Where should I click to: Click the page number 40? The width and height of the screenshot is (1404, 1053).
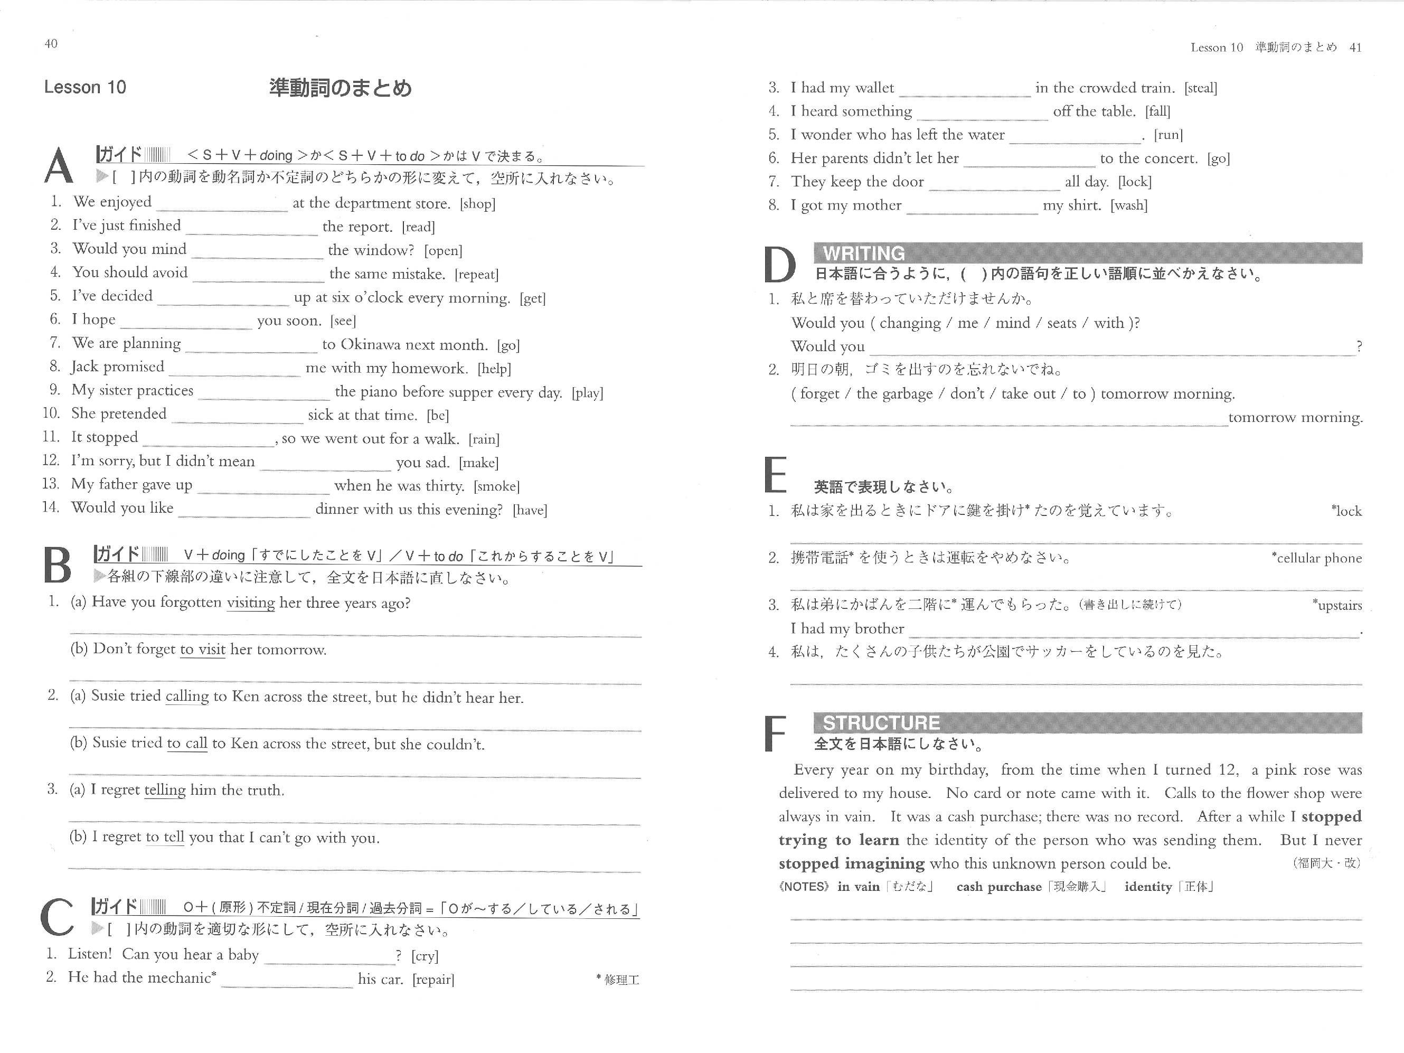point(51,44)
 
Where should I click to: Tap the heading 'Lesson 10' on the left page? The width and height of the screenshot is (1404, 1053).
point(85,88)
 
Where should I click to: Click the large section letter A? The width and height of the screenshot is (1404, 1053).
point(59,166)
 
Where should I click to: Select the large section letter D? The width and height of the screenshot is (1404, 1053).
point(779,265)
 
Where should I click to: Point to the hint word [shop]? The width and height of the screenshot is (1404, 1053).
point(477,204)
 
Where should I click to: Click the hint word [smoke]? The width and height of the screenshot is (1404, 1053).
point(496,486)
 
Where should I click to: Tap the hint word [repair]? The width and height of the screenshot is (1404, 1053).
point(433,980)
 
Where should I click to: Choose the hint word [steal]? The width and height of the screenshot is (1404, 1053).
point(1200,88)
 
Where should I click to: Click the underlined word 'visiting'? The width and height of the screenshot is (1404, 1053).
point(251,603)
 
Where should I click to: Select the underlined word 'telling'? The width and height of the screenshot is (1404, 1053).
point(165,790)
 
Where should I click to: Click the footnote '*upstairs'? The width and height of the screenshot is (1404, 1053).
point(1337,606)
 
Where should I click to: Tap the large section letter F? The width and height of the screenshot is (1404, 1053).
point(775,735)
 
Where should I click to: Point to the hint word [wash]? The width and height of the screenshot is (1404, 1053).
point(1128,205)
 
